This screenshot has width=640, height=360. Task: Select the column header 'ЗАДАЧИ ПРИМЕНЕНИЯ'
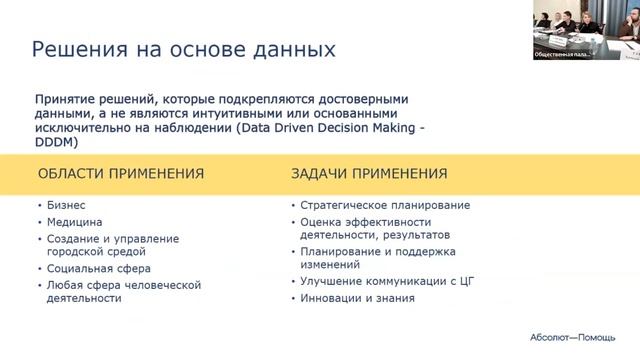click(369, 174)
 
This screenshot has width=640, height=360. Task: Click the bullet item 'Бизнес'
click(65, 205)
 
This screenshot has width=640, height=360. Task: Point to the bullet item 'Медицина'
click(75, 222)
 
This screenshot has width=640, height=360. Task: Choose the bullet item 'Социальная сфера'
click(99, 269)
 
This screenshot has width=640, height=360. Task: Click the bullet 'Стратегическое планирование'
click(385, 205)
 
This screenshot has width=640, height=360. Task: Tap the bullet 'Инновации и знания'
click(357, 298)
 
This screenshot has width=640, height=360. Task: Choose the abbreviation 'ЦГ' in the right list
click(460, 282)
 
